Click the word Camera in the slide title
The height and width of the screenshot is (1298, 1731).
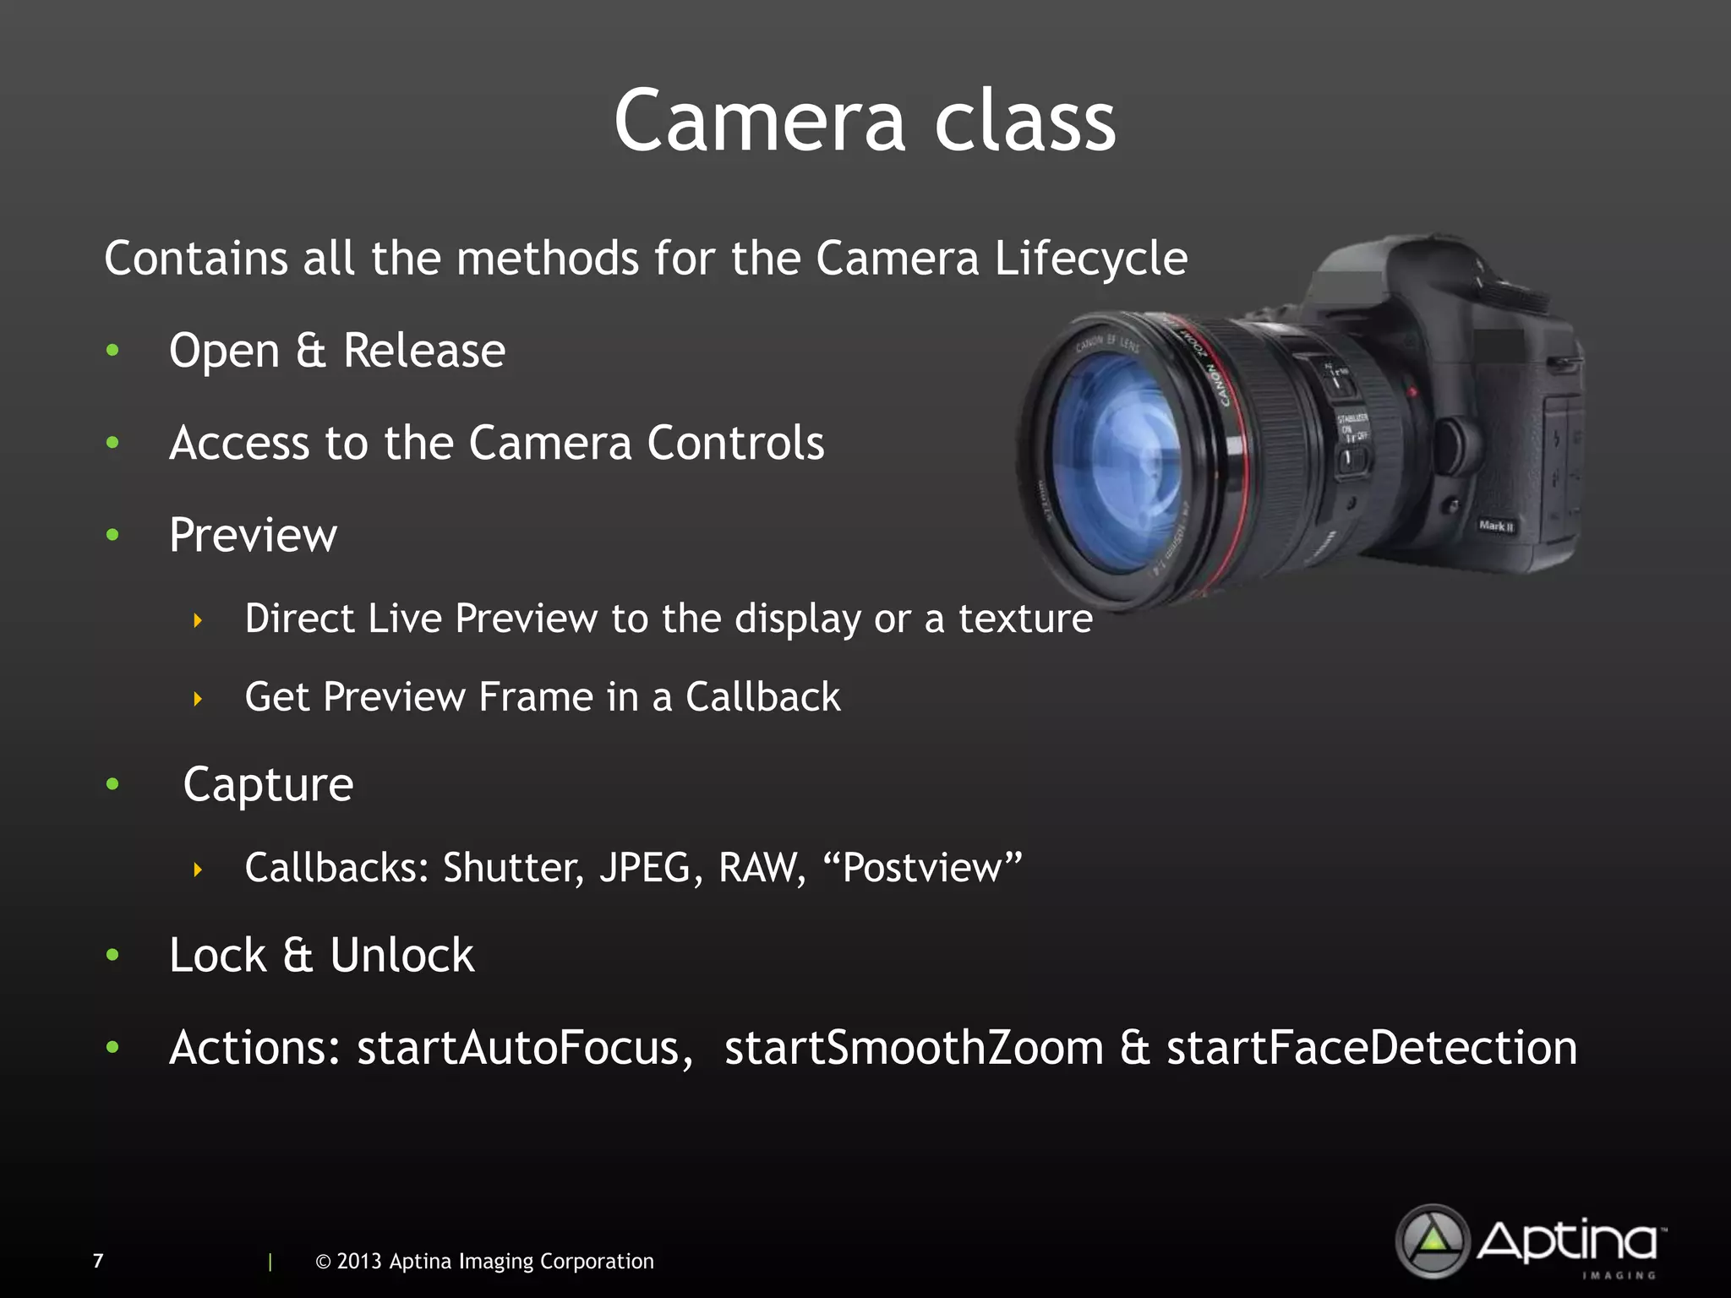(x=760, y=122)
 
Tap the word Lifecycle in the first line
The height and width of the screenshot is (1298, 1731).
(x=1090, y=259)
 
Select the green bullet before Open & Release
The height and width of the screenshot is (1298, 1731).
(x=112, y=350)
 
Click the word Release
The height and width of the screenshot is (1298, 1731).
(x=424, y=350)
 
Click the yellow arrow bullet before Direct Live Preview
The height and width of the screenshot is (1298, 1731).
(x=198, y=620)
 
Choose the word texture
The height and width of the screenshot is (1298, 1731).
(x=1024, y=619)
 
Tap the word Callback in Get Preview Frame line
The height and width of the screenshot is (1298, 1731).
(x=762, y=697)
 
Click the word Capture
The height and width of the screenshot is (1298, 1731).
(x=268, y=785)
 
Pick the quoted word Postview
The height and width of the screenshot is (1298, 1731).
(x=922, y=868)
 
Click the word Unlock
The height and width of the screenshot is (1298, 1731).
(x=401, y=956)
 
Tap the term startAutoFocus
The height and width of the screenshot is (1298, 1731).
(x=517, y=1049)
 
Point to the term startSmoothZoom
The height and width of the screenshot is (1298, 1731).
(x=914, y=1049)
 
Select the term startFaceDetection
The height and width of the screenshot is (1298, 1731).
(x=1371, y=1049)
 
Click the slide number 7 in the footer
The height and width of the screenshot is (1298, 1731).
(x=98, y=1261)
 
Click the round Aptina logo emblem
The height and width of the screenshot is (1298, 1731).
(x=1433, y=1241)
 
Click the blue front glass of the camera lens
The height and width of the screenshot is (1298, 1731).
(x=1116, y=461)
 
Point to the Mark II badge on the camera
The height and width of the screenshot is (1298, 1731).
(x=1496, y=526)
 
